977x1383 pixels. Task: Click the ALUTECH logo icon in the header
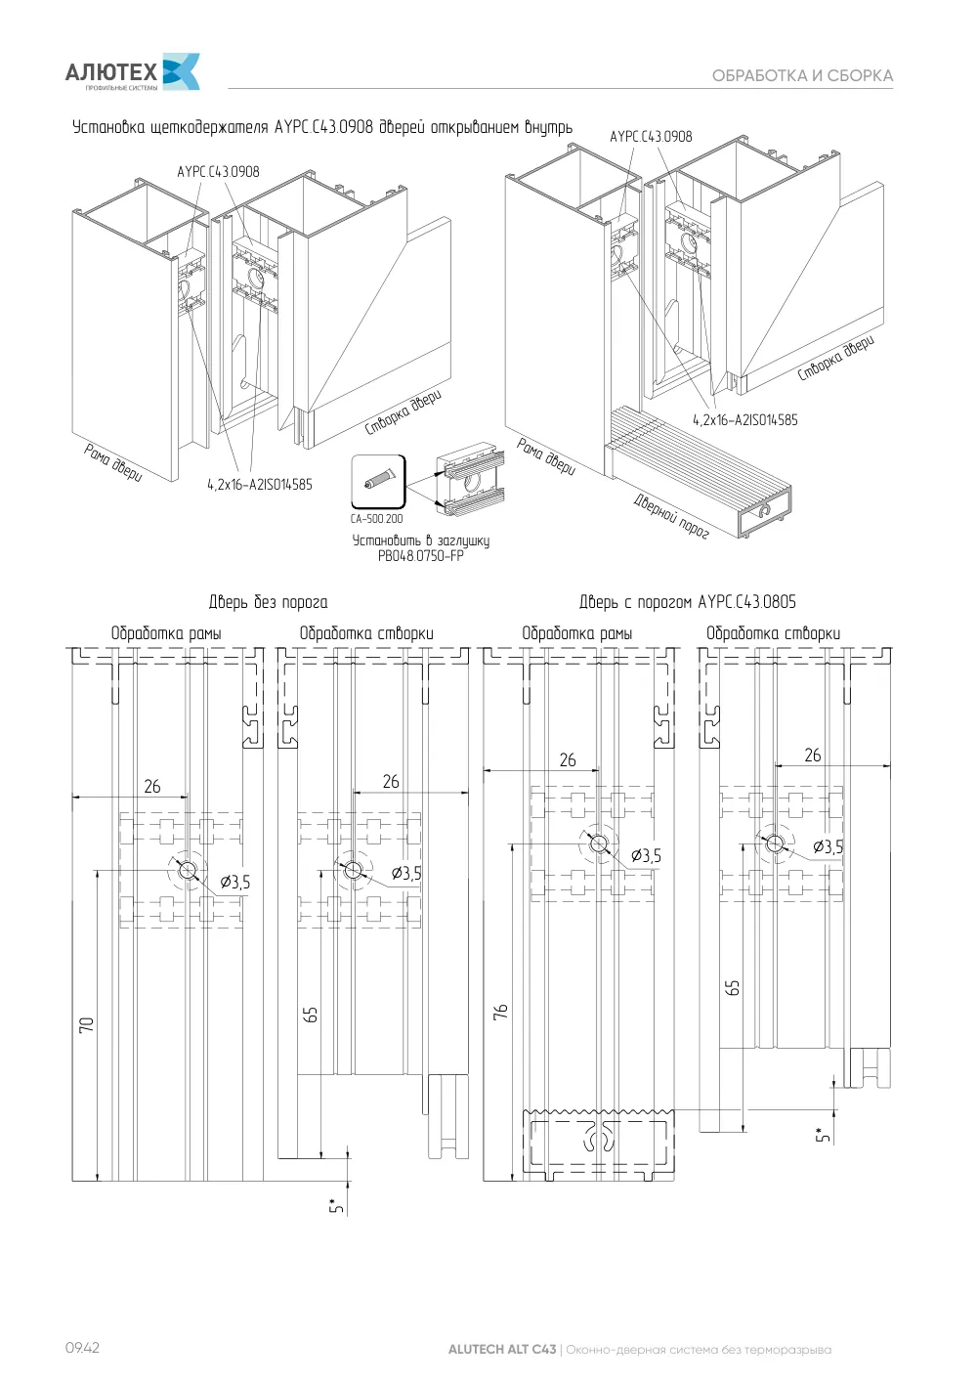pyautogui.click(x=181, y=71)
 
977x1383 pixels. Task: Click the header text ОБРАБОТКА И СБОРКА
pyautogui.click(x=802, y=75)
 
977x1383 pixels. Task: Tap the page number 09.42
pyautogui.click(x=82, y=1347)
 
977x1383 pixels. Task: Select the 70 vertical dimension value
pyautogui.click(x=86, y=1024)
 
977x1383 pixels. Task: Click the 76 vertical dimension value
pyautogui.click(x=500, y=1012)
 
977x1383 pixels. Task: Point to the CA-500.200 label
pyautogui.click(x=376, y=519)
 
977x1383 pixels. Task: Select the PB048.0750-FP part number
pyautogui.click(x=421, y=556)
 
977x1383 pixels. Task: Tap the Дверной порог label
pyautogui.click(x=671, y=516)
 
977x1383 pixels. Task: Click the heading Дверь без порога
pyautogui.click(x=268, y=602)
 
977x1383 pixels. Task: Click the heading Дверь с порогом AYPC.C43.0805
pyautogui.click(x=688, y=602)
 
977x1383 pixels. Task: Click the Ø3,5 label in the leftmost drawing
pyautogui.click(x=235, y=883)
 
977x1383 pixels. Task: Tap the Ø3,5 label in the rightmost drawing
pyautogui.click(x=828, y=847)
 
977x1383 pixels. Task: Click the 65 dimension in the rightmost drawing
pyautogui.click(x=733, y=988)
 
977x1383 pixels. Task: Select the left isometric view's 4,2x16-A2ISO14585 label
pyautogui.click(x=260, y=485)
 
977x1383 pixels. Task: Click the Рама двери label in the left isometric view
pyautogui.click(x=113, y=462)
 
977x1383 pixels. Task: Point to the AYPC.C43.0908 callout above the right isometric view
pyautogui.click(x=651, y=137)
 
